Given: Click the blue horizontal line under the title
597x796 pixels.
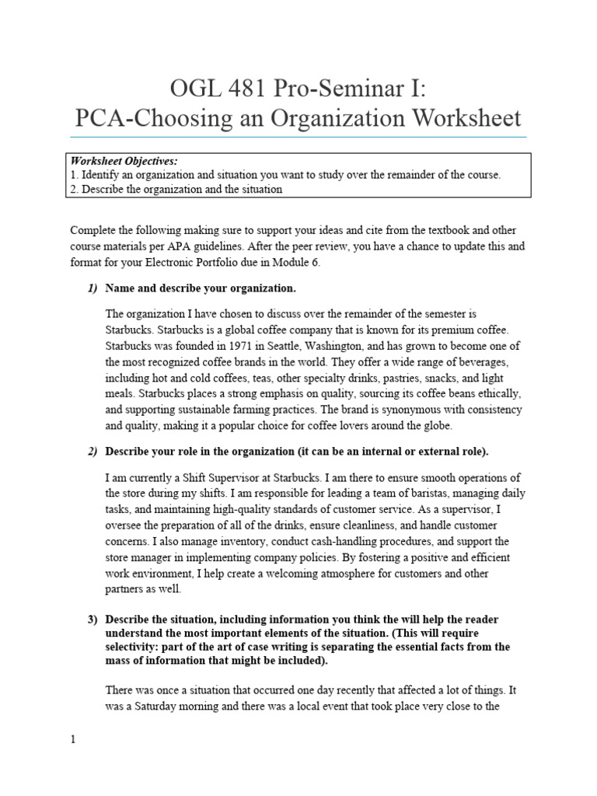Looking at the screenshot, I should pyautogui.click(x=298, y=137).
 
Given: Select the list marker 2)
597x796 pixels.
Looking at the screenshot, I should pyautogui.click(x=93, y=451).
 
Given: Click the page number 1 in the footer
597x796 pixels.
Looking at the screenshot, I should pyautogui.click(x=73, y=740).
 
